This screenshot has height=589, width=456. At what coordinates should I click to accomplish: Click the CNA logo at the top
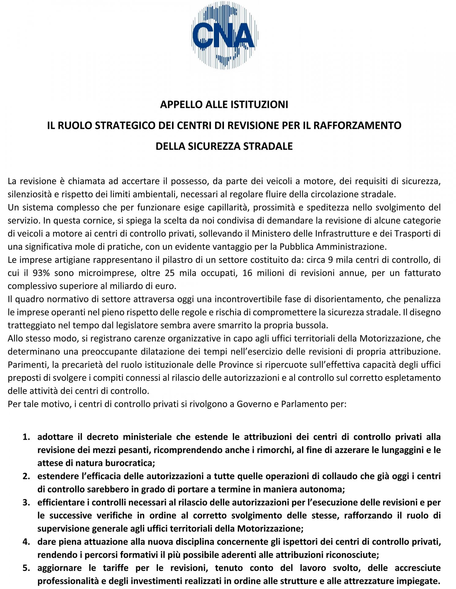pos(224,35)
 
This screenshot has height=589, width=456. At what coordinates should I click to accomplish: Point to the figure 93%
pos(41,273)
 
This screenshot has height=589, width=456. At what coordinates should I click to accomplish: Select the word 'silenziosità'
pos(27,194)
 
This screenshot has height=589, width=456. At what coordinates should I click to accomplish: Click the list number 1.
pos(26,437)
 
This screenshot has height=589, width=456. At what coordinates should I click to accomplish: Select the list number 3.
pos(26,502)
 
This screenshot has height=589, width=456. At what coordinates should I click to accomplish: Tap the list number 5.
pos(26,568)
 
